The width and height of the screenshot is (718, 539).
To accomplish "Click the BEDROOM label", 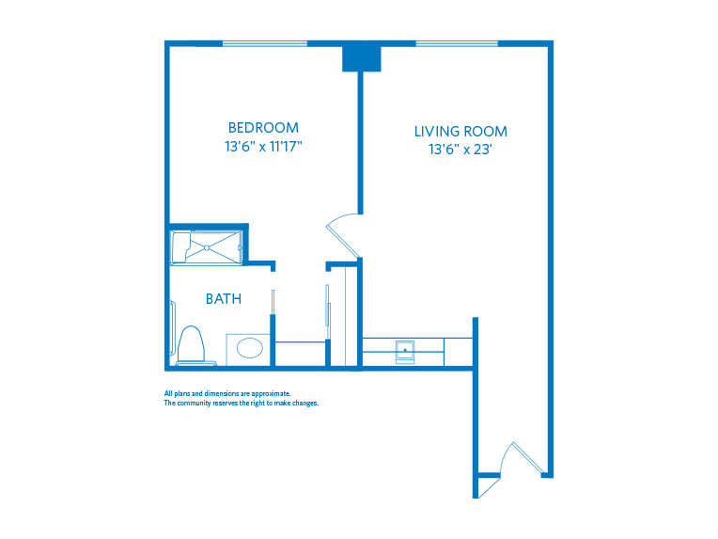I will [x=263, y=128].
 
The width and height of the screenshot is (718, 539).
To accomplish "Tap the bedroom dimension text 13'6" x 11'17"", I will [x=263, y=147].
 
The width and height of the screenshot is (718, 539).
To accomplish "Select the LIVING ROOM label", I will [x=460, y=132].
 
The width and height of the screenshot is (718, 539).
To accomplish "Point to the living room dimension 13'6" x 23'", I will [x=460, y=150].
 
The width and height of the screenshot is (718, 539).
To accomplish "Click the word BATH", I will [x=224, y=299].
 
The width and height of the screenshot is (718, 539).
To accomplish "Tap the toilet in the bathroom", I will [x=191, y=344].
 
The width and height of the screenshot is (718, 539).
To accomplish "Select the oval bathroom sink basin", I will [x=250, y=348].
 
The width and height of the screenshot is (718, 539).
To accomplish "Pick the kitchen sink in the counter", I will [x=406, y=351].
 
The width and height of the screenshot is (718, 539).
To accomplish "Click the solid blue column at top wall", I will [x=361, y=57].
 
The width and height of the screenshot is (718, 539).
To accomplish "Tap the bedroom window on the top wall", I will [x=264, y=43].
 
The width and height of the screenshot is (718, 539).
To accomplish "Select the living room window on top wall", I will [x=457, y=43].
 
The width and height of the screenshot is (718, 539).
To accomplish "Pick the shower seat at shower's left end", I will [x=180, y=247].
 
